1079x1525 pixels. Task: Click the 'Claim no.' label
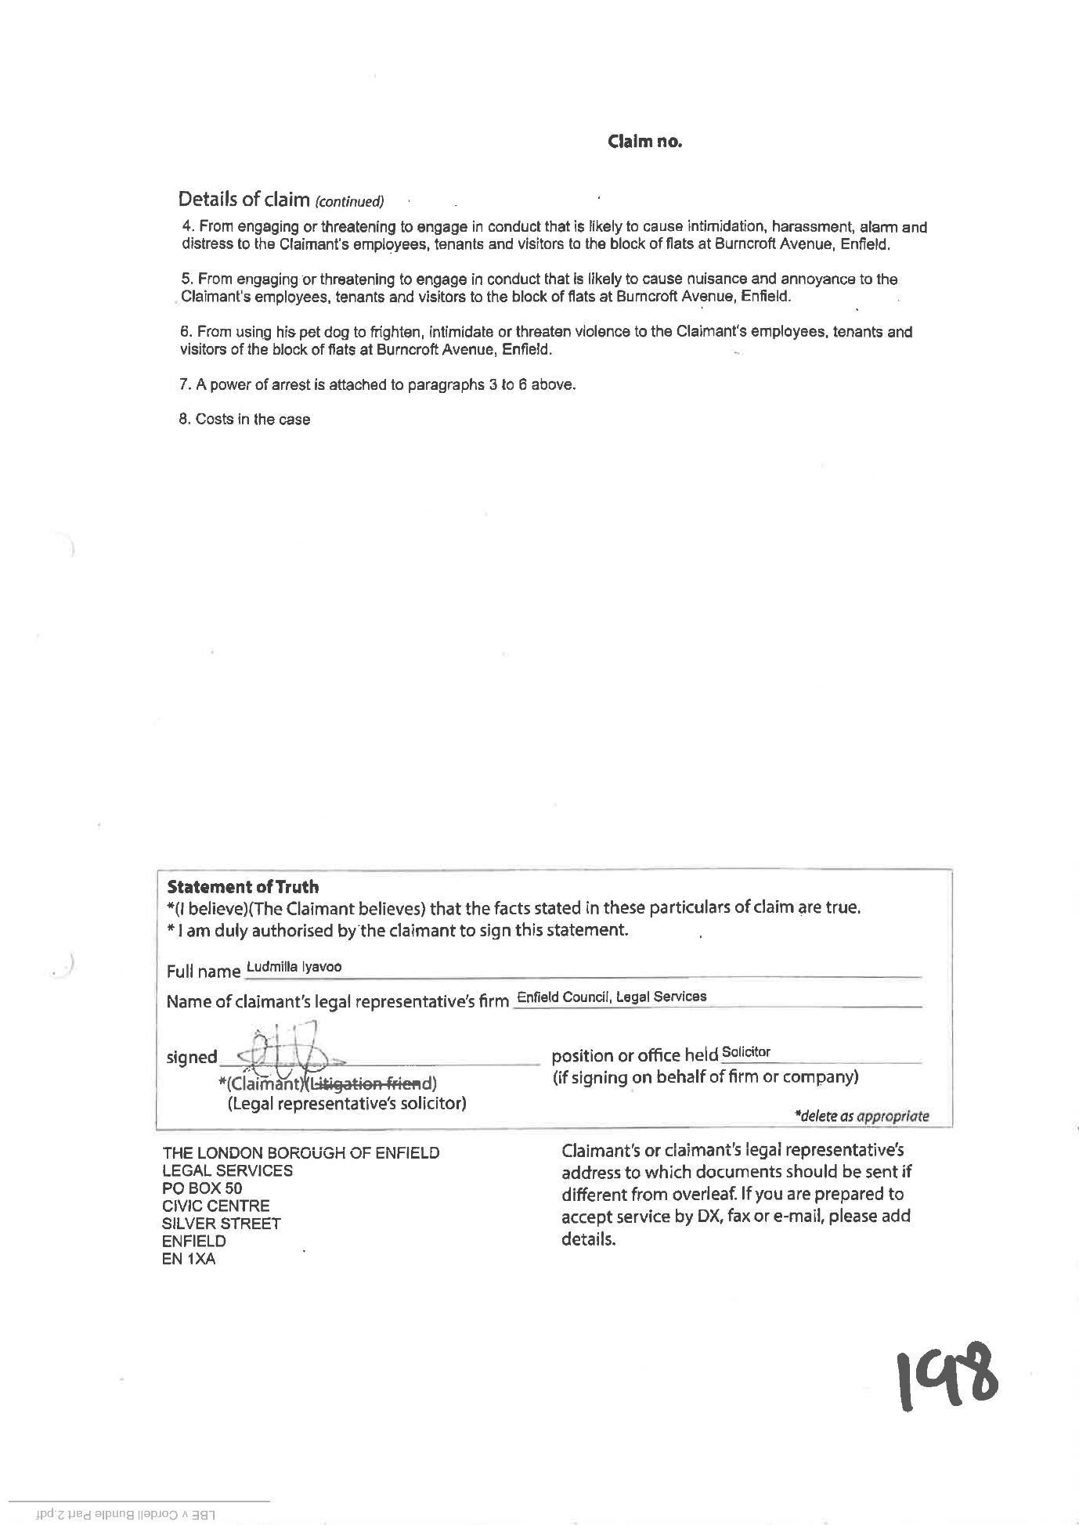pos(644,142)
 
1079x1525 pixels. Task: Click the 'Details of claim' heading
pos(244,199)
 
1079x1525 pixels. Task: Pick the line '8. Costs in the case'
pos(244,420)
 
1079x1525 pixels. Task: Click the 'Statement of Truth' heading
pos(243,887)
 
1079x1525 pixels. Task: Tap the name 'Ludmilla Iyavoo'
pos(294,967)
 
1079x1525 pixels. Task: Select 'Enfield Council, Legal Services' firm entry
pos(612,997)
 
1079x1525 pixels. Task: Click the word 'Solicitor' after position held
pos(745,1052)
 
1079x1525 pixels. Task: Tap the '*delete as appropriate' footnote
pos(861,1116)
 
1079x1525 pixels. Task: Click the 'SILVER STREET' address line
pos(221,1224)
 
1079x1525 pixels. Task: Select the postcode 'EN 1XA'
pos(188,1259)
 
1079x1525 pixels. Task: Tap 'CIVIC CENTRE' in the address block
pos(215,1206)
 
